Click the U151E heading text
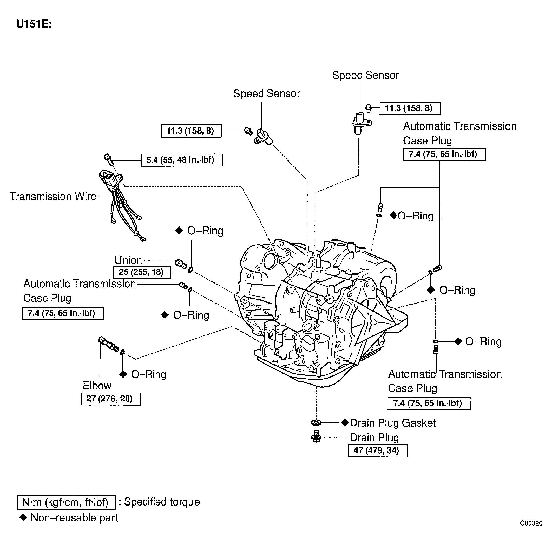click(34, 24)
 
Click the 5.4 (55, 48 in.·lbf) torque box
click(182, 160)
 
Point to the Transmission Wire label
click(53, 196)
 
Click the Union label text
click(128, 260)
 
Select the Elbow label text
click(97, 386)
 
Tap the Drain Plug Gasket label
click(393, 423)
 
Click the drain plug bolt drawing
click(316, 437)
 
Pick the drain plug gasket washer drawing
click(316, 422)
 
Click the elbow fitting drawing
click(109, 344)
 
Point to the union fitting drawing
click(181, 264)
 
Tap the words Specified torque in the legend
click(162, 502)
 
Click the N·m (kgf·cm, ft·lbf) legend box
click(66, 502)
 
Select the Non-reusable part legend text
click(74, 517)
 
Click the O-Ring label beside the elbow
click(149, 374)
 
